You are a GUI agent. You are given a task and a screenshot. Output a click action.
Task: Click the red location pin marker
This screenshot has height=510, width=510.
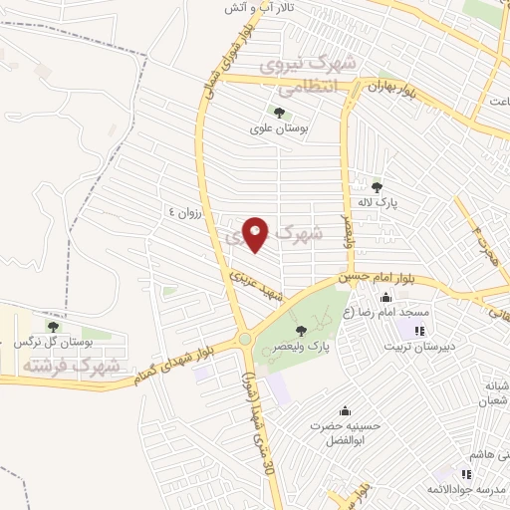click(x=256, y=234)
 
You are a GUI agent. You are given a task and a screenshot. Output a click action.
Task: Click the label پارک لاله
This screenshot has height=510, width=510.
click(x=378, y=202)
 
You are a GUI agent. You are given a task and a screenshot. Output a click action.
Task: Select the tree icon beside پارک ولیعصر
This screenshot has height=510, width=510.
click(x=300, y=331)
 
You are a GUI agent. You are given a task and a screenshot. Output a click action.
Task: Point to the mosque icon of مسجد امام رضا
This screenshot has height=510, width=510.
click(x=385, y=297)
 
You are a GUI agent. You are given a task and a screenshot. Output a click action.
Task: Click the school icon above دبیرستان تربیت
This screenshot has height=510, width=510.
click(x=420, y=331)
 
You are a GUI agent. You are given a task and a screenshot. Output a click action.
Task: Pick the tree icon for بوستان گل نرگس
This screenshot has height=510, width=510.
click(x=53, y=326)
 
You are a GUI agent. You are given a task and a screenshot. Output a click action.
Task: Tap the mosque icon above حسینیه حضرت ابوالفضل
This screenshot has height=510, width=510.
click(x=345, y=410)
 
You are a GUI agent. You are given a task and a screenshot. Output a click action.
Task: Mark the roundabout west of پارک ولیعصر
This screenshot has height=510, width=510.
click(x=245, y=340)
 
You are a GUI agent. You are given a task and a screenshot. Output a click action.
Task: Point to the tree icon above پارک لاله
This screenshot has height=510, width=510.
click(x=377, y=186)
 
